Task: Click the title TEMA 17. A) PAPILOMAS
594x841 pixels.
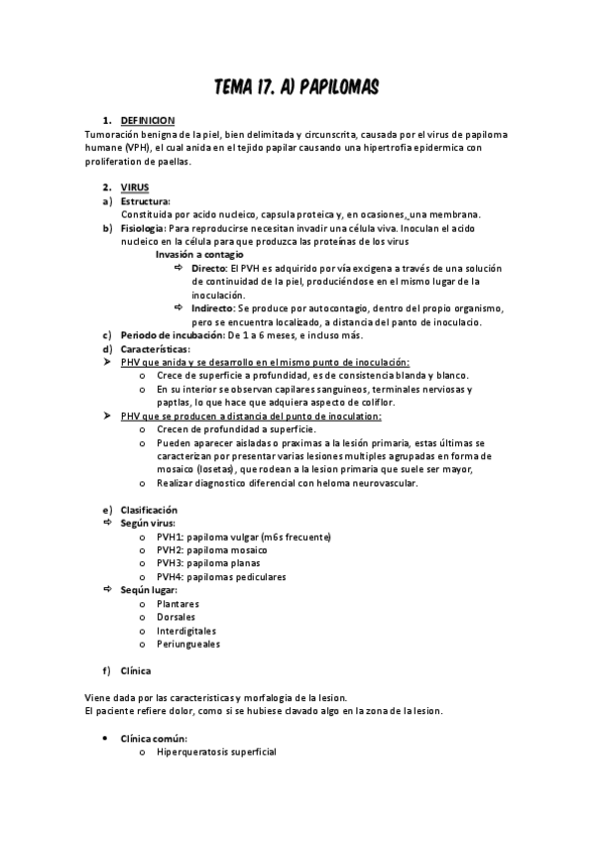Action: click(297, 89)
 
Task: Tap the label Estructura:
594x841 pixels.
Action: click(146, 200)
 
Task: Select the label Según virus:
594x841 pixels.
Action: click(148, 522)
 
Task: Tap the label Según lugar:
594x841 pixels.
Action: click(149, 590)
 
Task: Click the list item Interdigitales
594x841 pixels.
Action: click(186, 630)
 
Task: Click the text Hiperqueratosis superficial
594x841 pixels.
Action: click(216, 752)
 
